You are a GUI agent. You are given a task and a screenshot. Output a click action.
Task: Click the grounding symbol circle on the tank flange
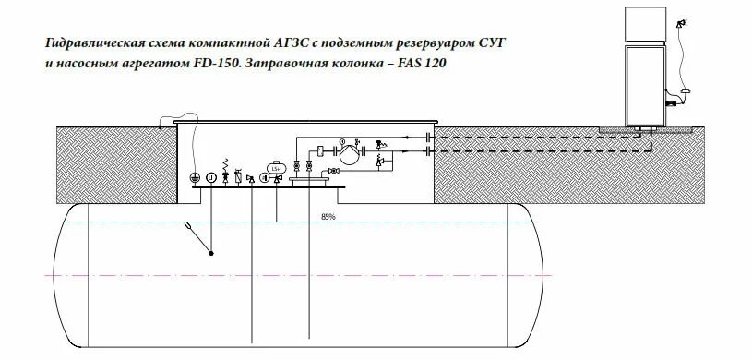(x=195, y=177)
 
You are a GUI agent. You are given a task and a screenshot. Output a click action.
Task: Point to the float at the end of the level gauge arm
(x=189, y=225)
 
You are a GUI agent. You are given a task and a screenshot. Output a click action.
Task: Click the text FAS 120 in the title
(x=425, y=66)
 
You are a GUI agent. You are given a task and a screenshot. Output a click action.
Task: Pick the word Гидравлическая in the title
(x=89, y=43)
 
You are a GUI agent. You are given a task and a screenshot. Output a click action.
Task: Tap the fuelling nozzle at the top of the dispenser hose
(x=681, y=23)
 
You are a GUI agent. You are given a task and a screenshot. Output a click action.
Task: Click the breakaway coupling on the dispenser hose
(x=686, y=90)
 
